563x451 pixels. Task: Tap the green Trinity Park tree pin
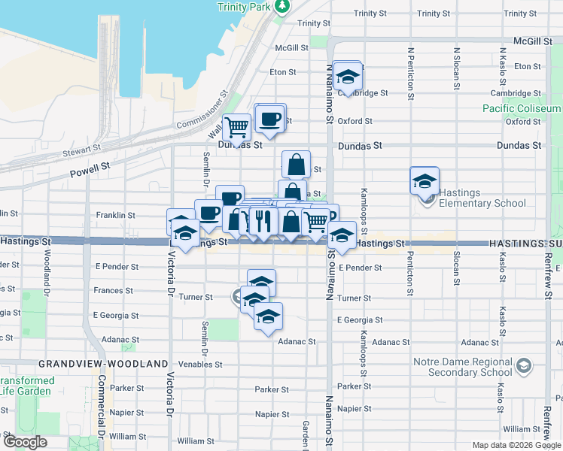[x=281, y=7]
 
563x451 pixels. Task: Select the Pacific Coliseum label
[x=522, y=108]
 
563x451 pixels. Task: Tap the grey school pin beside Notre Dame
[x=524, y=367]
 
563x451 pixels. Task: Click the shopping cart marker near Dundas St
[x=237, y=127]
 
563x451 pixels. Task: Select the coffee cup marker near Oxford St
[x=269, y=119]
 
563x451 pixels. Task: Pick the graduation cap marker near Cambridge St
[x=347, y=77]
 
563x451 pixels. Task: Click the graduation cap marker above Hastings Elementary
[x=425, y=181]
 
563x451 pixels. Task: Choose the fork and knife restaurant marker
[x=262, y=220]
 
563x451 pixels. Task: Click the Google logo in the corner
[x=25, y=443]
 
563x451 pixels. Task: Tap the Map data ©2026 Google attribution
[x=516, y=445]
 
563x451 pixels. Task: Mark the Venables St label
[x=201, y=365]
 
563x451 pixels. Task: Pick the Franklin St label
[x=115, y=215]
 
